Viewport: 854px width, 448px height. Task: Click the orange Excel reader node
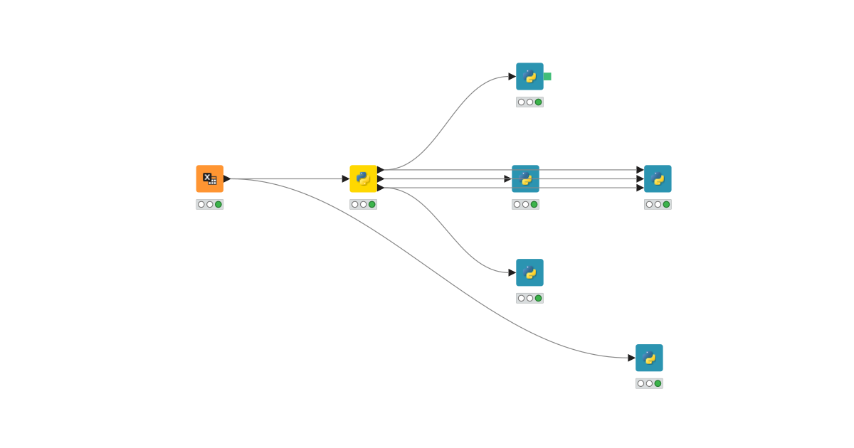[x=209, y=178]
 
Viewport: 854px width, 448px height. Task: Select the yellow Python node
[x=363, y=178]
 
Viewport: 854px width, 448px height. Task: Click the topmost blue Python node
[x=529, y=76]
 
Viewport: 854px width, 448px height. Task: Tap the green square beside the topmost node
[x=547, y=76]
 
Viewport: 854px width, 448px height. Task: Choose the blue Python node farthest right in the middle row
[x=658, y=178]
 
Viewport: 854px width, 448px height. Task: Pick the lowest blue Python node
[x=649, y=358]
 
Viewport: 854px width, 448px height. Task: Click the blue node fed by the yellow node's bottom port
[x=529, y=272]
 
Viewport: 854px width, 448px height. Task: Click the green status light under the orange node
[x=218, y=204]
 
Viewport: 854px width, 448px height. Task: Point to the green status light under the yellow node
[x=372, y=204]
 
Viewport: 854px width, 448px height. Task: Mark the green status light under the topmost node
[x=539, y=102]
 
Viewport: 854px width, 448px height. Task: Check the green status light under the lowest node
[x=658, y=383]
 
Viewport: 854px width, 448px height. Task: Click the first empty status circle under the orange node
[x=201, y=204]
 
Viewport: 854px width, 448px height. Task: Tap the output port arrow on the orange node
[x=227, y=178]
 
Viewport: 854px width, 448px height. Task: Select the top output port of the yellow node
[x=381, y=170]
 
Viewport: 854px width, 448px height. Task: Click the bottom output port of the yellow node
[x=381, y=188]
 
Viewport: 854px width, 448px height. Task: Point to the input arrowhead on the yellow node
[x=346, y=178]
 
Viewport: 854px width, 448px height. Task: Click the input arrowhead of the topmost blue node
[x=512, y=76]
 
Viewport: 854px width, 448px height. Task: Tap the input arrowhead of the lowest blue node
[x=631, y=358]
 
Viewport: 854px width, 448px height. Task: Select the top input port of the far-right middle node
[x=640, y=170]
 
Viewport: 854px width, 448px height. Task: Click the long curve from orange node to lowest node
[x=427, y=255]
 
